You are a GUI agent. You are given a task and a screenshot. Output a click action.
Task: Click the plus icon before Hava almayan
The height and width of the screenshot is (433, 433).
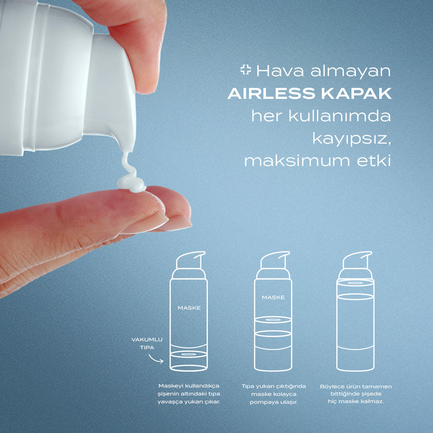point(245,70)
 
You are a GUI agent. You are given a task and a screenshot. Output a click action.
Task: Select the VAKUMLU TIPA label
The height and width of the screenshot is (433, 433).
point(147,344)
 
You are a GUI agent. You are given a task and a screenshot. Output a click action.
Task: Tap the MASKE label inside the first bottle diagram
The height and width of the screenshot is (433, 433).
point(189,308)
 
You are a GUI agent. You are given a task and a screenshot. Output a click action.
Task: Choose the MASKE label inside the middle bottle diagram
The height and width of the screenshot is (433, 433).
point(273,297)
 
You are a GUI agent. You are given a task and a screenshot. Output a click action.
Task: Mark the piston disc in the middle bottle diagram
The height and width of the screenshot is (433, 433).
point(273,320)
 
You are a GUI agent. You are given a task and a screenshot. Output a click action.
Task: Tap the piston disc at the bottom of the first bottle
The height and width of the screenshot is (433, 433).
point(188,355)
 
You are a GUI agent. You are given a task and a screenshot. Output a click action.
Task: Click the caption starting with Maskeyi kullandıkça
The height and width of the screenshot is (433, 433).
point(189,394)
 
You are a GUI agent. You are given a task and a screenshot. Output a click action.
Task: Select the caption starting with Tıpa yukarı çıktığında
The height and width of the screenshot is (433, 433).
point(274,394)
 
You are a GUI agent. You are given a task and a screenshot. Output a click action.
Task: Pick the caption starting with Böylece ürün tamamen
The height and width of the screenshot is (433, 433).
point(356,394)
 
